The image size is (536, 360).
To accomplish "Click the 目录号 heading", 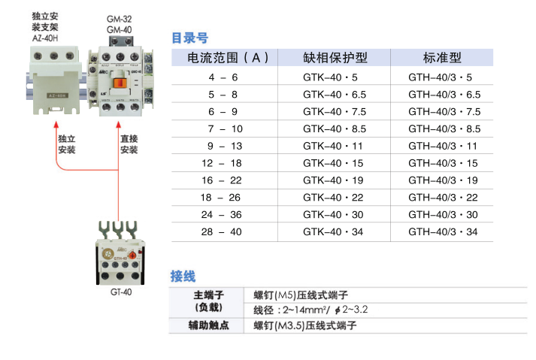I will click(x=189, y=38).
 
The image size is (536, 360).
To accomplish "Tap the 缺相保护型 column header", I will click(x=335, y=58).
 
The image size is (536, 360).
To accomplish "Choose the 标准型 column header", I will click(x=442, y=58).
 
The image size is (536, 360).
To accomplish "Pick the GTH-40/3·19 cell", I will click(x=443, y=180).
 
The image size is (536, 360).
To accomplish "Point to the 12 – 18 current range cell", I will click(x=221, y=163).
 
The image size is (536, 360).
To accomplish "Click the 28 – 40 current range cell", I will click(x=221, y=231).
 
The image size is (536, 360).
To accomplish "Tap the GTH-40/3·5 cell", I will click(x=441, y=77).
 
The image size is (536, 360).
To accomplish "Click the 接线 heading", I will click(x=183, y=276).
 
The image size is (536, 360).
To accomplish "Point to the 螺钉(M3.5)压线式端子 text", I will click(x=304, y=326).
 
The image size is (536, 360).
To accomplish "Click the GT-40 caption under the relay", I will click(x=120, y=293).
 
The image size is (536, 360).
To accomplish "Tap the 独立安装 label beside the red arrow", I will click(x=67, y=144).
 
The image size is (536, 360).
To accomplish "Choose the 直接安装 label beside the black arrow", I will click(x=129, y=144).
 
